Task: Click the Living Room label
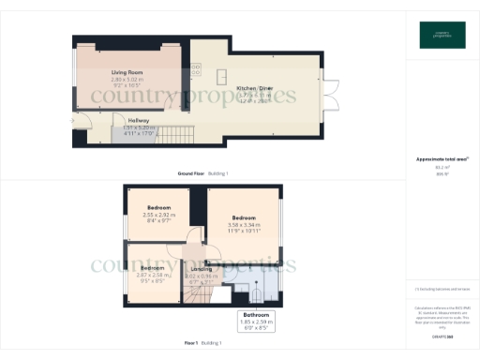click(x=126, y=72)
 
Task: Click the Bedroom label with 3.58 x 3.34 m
click(x=243, y=217)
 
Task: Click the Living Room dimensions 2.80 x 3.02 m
click(x=126, y=80)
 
